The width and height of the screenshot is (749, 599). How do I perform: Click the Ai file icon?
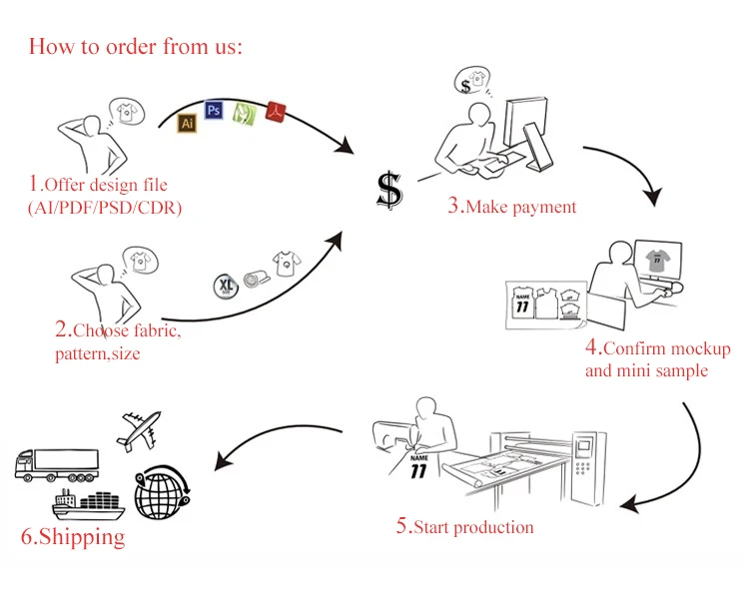186,123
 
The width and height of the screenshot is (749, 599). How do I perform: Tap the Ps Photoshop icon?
213,111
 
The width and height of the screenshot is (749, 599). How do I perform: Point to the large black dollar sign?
388,189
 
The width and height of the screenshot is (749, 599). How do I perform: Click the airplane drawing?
139,429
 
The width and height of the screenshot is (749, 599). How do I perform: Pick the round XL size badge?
226,287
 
